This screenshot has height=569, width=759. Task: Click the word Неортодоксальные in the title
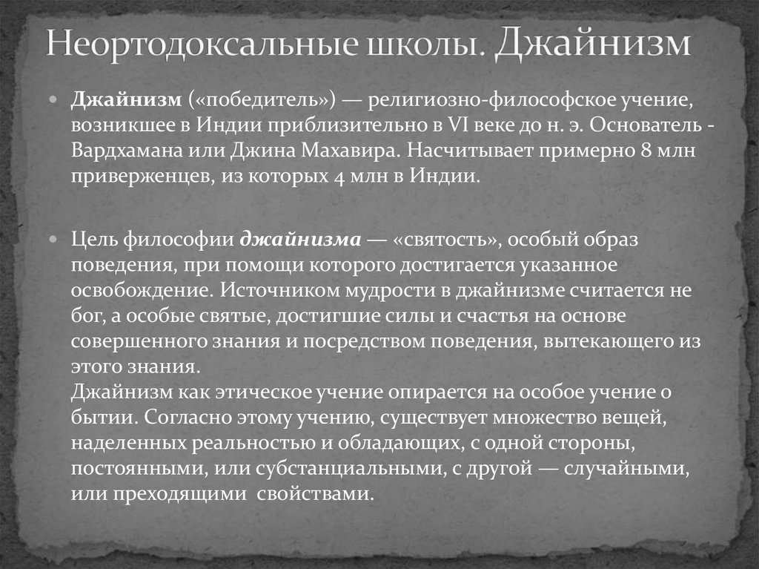pos(199,46)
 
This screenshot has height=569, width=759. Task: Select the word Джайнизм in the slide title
pos(592,46)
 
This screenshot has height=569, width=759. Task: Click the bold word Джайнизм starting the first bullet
pos(127,99)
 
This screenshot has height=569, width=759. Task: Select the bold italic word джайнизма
pos(301,240)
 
